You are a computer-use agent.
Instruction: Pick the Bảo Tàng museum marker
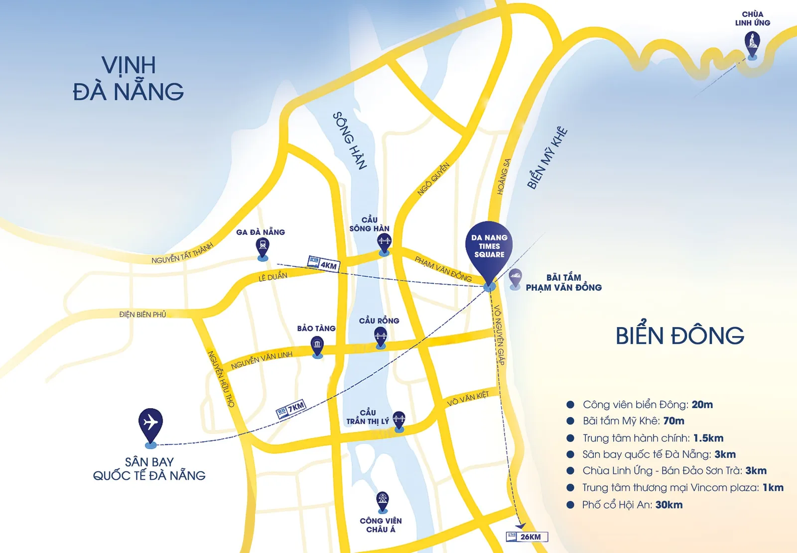click(x=317, y=344)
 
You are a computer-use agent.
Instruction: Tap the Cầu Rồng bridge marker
click(x=381, y=336)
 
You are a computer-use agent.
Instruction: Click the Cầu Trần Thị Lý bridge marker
click(x=399, y=420)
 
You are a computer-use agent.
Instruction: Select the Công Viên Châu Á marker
click(x=382, y=500)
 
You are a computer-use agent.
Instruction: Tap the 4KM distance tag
click(x=323, y=263)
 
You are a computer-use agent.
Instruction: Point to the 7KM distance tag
click(x=291, y=409)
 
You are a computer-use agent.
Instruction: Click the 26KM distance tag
click(x=527, y=537)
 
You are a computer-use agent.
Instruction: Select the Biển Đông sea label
click(x=679, y=335)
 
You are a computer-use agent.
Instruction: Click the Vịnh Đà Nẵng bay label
click(x=129, y=79)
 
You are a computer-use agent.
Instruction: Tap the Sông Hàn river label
click(x=350, y=140)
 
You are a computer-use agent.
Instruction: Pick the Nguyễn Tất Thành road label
click(x=182, y=253)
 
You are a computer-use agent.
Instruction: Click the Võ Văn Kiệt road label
click(x=468, y=398)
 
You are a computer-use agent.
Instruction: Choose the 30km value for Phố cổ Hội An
click(x=668, y=505)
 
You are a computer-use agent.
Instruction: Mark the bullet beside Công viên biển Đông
click(x=570, y=405)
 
